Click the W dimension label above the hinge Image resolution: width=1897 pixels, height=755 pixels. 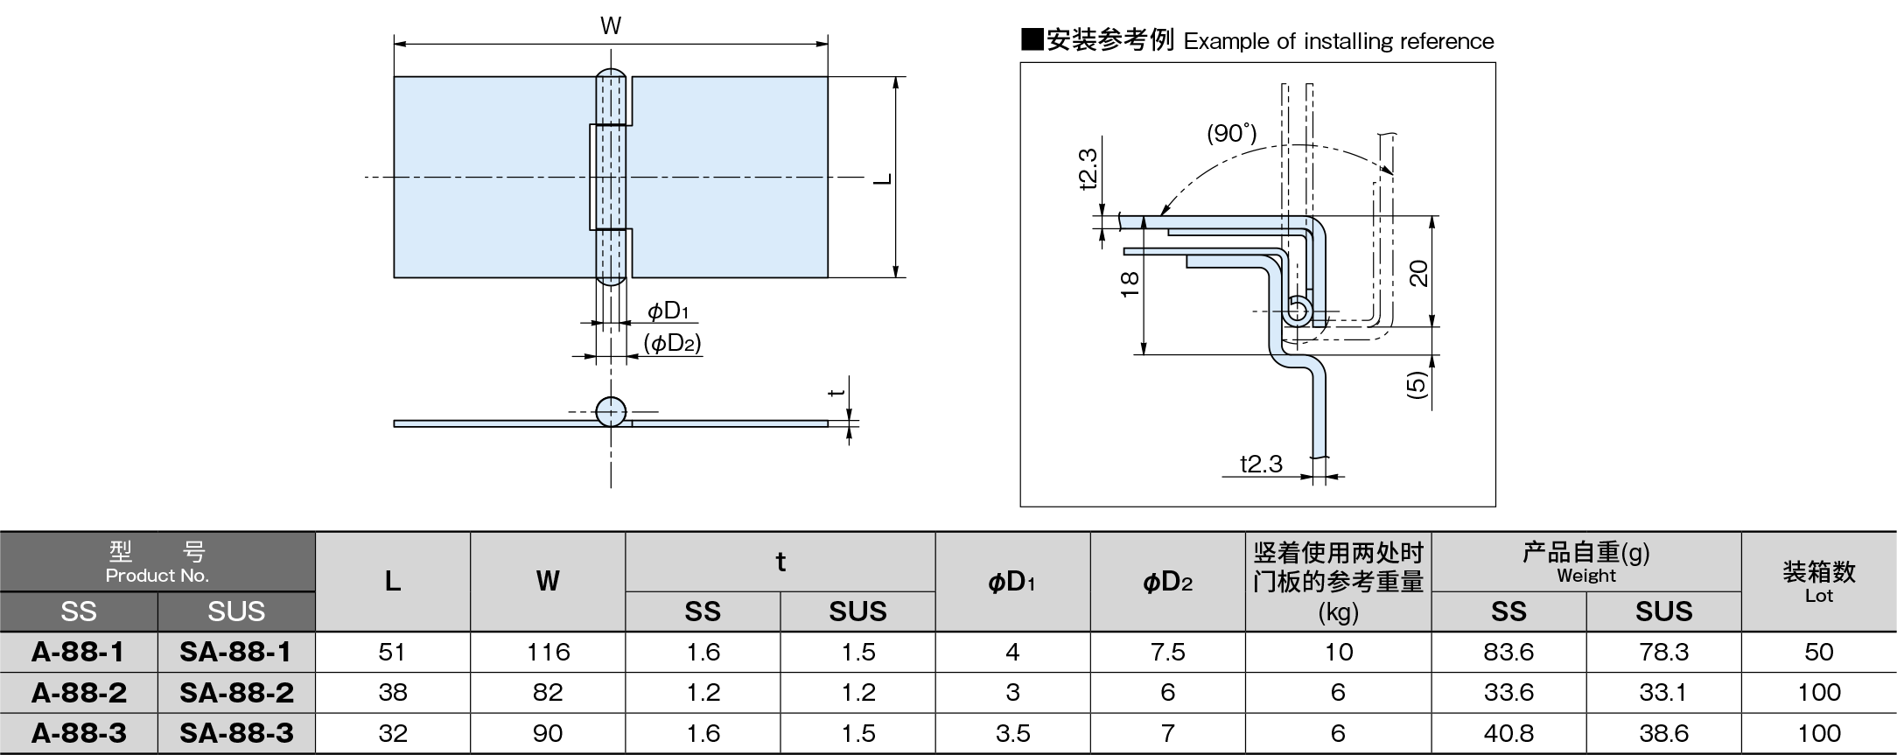pyautogui.click(x=611, y=26)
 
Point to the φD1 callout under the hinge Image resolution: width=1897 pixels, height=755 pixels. pyautogui.click(x=668, y=311)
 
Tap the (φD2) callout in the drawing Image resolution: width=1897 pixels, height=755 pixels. pyautogui.click(x=672, y=343)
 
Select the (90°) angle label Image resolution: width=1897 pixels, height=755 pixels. pyautogui.click(x=1231, y=133)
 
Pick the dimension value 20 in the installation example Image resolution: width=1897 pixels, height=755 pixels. pyautogui.click(x=1419, y=273)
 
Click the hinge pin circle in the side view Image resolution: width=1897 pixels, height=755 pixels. pyautogui.click(x=611, y=411)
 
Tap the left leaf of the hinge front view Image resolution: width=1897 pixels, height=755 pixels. pyautogui.click(x=490, y=178)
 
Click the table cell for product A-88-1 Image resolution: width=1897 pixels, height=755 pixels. pyautogui.click(x=78, y=652)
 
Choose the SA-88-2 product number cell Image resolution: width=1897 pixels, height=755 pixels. pyautogui.click(x=236, y=693)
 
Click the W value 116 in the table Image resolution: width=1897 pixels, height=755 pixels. pyautogui.click(x=548, y=652)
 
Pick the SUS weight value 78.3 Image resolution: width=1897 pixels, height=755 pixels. pyautogui.click(x=1662, y=652)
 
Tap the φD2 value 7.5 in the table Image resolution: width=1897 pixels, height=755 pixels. pyautogui.click(x=1167, y=652)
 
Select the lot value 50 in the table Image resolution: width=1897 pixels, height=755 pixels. pyautogui.click(x=1818, y=652)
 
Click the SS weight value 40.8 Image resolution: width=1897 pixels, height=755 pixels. pyautogui.click(x=1508, y=733)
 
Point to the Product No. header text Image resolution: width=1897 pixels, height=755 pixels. pyautogui.click(x=157, y=576)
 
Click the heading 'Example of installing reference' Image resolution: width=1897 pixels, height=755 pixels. pyautogui.click(x=1338, y=41)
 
